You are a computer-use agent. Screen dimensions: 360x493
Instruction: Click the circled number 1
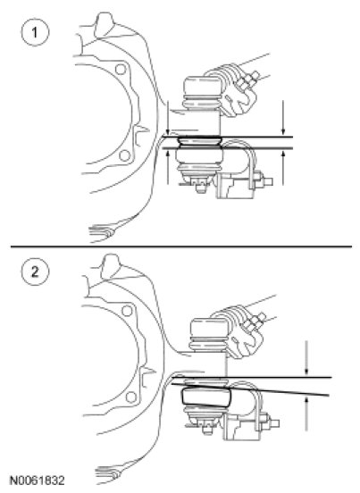tap(35, 32)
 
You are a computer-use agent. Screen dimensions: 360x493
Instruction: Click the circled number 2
tap(35, 272)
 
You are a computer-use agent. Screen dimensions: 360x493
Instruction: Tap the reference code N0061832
tap(38, 480)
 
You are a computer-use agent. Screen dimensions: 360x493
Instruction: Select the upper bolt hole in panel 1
tap(121, 69)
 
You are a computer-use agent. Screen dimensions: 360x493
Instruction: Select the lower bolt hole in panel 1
tap(125, 155)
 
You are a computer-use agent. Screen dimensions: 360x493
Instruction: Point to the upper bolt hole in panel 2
tap(127, 311)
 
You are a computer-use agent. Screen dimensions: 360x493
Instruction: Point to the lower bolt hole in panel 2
tap(131, 397)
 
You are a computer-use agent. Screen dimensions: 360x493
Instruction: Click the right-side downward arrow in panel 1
tap(283, 118)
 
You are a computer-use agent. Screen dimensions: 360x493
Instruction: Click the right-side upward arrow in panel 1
tap(283, 168)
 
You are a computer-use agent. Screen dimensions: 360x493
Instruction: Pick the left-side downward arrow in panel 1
tap(168, 118)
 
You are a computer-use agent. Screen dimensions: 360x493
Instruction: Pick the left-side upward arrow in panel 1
tap(168, 167)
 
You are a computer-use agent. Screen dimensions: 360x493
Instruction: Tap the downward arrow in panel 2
tap(306, 358)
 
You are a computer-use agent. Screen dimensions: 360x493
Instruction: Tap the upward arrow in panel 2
tap(306, 414)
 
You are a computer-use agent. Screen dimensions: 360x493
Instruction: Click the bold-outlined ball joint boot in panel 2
tap(206, 397)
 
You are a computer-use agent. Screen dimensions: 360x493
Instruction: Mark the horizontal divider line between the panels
tap(181, 246)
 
